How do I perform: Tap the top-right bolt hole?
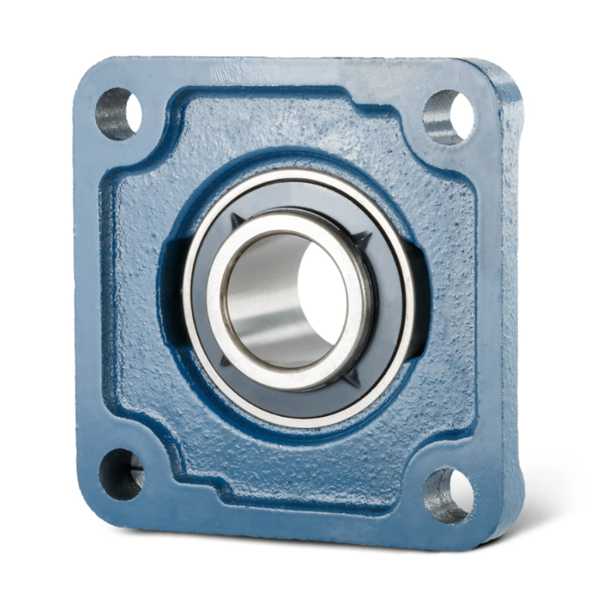coord(450,115)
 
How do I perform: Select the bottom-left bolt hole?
coord(122,471)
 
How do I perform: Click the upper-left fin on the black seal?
coord(237,220)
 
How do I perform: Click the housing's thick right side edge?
coord(511,310)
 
